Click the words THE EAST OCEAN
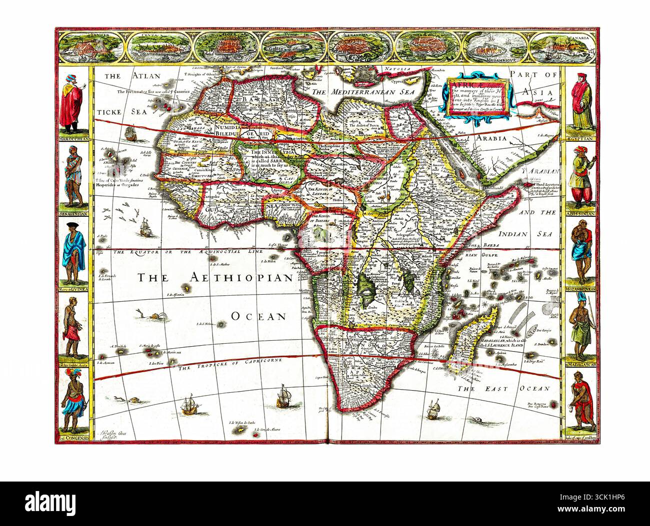[503, 388]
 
